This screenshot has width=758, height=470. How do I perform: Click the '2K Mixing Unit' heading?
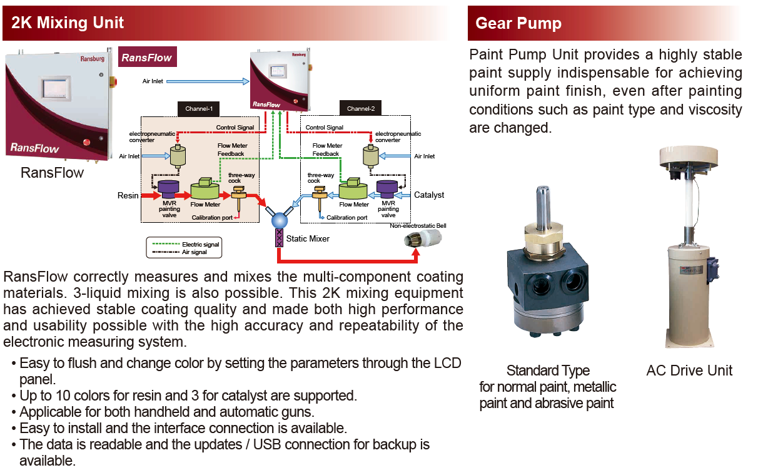click(x=68, y=23)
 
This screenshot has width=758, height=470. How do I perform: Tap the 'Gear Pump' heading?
click(x=518, y=24)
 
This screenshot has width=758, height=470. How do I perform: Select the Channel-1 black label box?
click(x=199, y=109)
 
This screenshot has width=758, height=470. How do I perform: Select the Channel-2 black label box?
click(x=361, y=109)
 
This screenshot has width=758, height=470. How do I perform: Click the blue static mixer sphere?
click(x=278, y=219)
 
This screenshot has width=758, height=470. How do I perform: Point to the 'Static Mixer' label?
click(x=308, y=238)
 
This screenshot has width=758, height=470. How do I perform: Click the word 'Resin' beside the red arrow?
click(x=128, y=195)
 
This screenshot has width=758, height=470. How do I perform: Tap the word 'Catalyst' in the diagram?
click(x=429, y=195)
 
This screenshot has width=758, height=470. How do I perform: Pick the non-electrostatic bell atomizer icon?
click(x=420, y=240)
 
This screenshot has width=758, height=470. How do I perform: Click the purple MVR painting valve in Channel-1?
click(x=168, y=188)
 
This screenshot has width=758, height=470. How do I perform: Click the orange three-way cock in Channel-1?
click(x=238, y=196)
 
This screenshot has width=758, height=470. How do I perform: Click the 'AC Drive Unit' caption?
click(x=689, y=370)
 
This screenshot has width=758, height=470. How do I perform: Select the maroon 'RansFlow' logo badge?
click(x=147, y=58)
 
